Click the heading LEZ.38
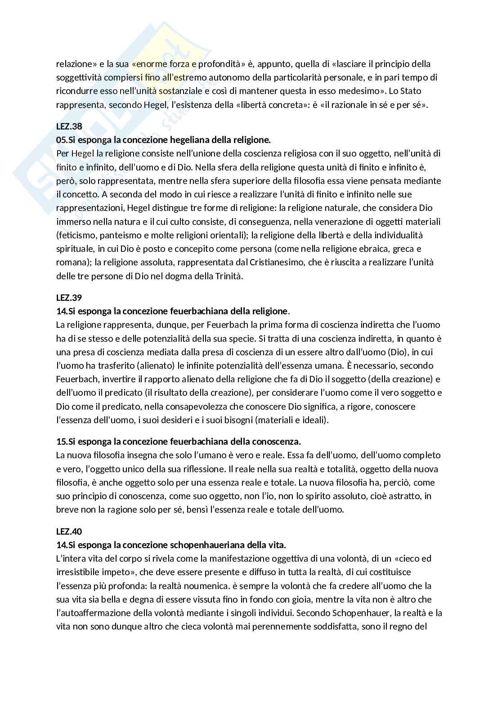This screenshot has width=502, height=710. point(69,126)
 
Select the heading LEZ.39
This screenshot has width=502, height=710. point(69,297)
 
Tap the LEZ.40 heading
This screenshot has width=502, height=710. point(69,531)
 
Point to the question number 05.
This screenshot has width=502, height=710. point(61,140)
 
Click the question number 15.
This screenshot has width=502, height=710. point(61,441)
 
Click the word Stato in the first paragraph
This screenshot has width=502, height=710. point(411,91)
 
